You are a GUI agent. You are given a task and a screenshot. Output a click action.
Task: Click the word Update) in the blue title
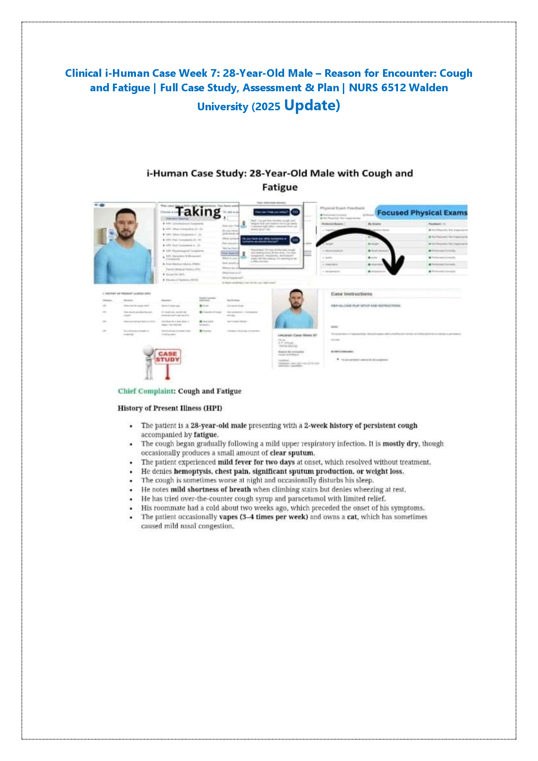[x=312, y=105]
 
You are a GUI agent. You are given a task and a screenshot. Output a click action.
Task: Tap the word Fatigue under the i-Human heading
[x=280, y=187]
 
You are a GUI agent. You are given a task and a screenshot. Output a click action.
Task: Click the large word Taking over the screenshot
[x=198, y=211]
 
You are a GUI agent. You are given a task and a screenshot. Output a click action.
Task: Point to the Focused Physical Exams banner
[x=422, y=212]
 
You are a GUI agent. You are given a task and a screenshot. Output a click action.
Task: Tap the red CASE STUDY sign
[x=168, y=357]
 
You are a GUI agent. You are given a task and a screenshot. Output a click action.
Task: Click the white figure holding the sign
[x=149, y=362]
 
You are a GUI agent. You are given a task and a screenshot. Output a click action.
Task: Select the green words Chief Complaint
[x=146, y=391]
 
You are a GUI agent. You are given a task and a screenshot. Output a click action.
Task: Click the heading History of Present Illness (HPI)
[x=170, y=408]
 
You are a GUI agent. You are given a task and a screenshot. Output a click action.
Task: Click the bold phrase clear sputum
[x=292, y=453]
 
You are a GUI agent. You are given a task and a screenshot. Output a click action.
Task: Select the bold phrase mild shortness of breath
[x=211, y=489]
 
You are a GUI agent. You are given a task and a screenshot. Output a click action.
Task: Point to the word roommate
[x=169, y=508]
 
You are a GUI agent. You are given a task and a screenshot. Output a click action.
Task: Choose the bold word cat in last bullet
[x=351, y=517]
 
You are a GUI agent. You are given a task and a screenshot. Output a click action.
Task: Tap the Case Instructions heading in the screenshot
[x=351, y=294]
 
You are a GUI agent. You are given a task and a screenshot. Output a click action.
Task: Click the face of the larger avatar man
[x=124, y=225]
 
